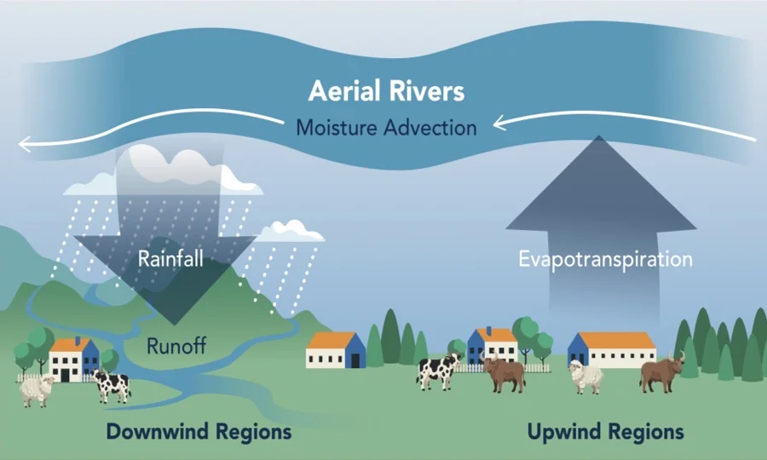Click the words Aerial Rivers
(386, 91)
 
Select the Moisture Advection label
(386, 128)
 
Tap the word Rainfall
(170, 259)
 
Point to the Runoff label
(176, 346)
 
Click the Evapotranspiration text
(605, 259)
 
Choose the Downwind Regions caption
(199, 432)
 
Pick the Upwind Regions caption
(606, 432)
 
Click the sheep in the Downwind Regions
(37, 390)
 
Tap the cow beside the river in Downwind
(112, 386)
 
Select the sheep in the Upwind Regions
(585, 377)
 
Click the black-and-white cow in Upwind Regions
(438, 371)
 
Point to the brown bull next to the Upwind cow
(504, 374)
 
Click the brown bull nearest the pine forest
(662, 372)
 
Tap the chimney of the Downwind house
(78, 341)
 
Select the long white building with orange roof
(612, 350)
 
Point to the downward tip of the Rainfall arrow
(174, 325)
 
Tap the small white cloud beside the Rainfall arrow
(291, 232)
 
